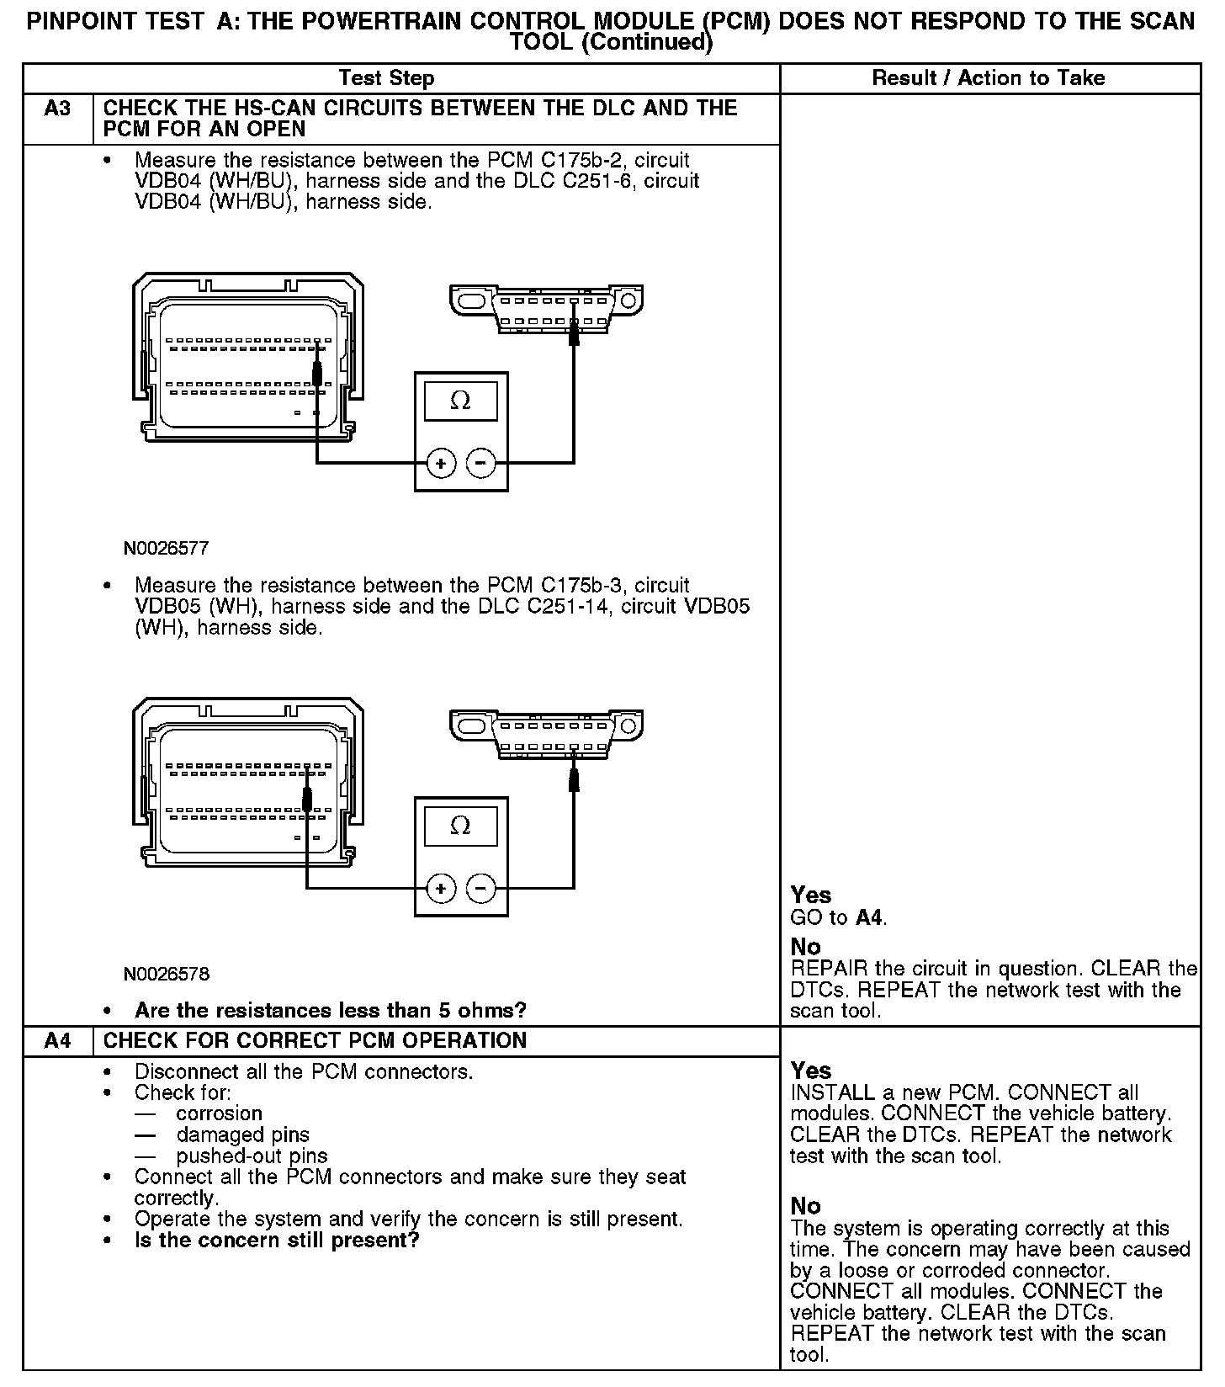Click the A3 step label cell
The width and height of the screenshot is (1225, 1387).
[57, 109]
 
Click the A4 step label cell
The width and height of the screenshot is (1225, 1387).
[57, 1041]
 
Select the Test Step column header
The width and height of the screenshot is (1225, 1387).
[386, 78]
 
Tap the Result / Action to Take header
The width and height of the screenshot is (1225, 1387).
[989, 78]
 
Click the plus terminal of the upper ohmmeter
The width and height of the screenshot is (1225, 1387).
[441, 463]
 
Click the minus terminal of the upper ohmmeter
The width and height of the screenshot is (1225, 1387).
[480, 463]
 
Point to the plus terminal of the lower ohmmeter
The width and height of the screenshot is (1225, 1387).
[441, 888]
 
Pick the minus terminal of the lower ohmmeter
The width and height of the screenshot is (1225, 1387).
[480, 888]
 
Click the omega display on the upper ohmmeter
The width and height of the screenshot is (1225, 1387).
[460, 401]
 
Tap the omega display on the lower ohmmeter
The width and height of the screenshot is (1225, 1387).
[460, 826]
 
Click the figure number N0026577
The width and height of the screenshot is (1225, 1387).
[166, 549]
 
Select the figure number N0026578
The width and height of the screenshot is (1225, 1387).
[166, 975]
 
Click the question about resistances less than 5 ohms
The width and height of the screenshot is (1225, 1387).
[331, 1010]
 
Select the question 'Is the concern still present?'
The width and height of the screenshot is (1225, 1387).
[277, 1241]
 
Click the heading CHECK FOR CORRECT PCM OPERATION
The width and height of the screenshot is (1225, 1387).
[315, 1041]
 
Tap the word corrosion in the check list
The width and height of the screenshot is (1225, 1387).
[219, 1113]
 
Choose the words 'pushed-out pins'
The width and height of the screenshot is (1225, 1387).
[252, 1156]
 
